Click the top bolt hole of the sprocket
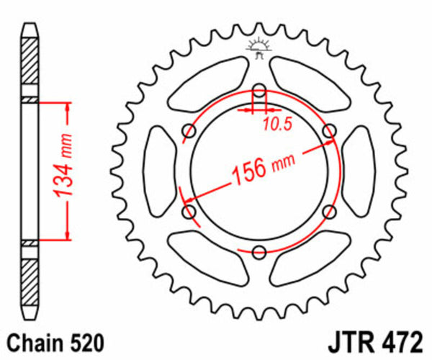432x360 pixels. tap(259, 91)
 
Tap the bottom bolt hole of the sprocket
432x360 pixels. tap(259, 252)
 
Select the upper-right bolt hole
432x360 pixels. tap(329, 130)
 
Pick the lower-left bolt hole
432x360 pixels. tap(190, 212)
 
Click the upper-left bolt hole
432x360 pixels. tap(190, 130)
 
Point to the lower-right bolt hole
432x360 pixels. tap(329, 212)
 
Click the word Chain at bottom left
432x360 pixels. tap(32, 341)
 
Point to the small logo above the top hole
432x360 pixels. tap(259, 47)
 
